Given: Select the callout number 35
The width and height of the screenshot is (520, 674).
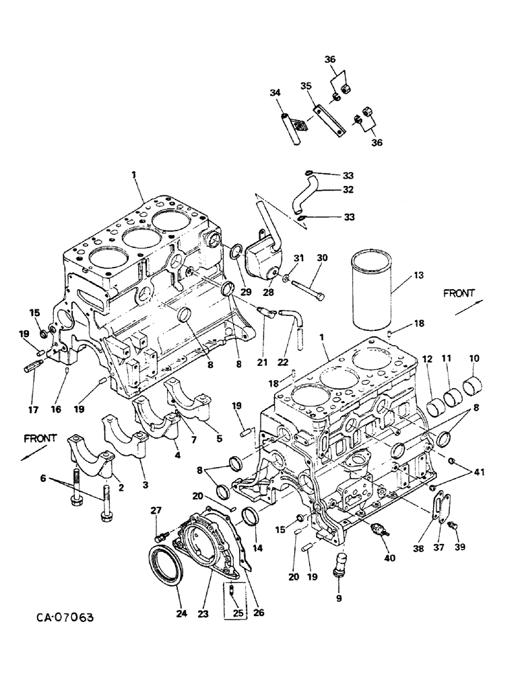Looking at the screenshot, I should pyautogui.click(x=306, y=86).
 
